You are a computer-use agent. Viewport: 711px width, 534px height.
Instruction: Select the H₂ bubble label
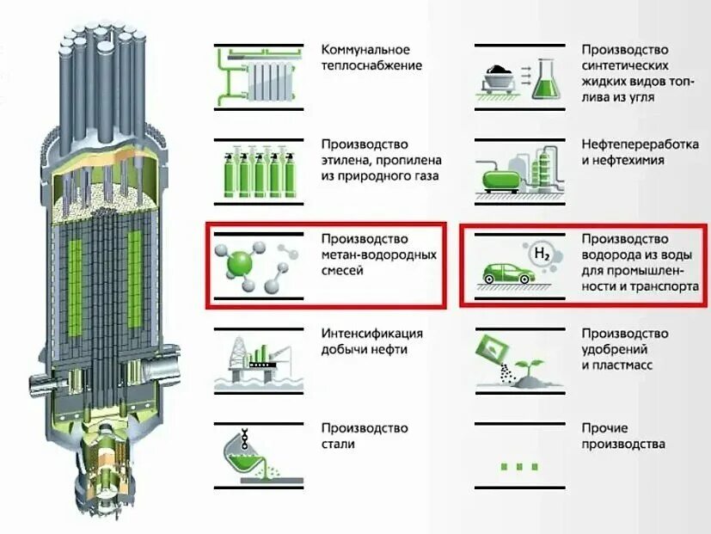(x=542, y=254)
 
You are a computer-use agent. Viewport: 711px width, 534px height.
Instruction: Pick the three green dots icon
(x=518, y=467)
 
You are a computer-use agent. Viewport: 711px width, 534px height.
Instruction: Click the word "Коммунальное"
(x=365, y=50)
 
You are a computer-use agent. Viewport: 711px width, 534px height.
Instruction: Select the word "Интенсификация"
(x=371, y=334)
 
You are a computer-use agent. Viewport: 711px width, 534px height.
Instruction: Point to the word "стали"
(x=339, y=444)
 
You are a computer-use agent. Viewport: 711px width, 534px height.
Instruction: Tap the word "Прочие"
(x=604, y=428)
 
